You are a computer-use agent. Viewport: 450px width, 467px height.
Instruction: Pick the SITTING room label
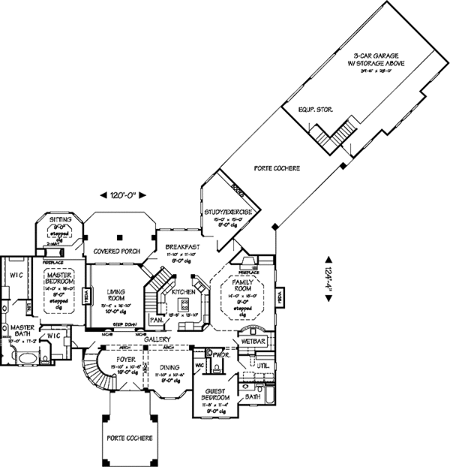60,220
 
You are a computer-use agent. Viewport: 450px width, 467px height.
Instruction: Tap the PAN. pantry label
157,319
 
